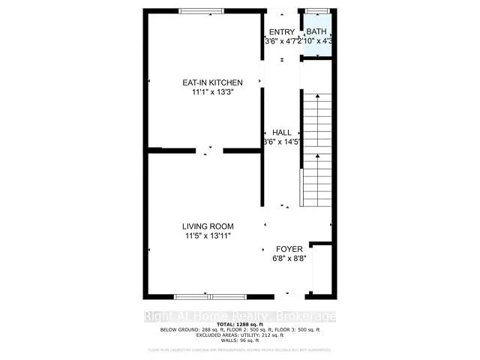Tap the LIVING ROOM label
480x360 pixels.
click(208, 226)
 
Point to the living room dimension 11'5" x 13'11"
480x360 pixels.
click(208, 235)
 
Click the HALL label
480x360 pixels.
click(282, 132)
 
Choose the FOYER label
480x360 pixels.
click(289, 248)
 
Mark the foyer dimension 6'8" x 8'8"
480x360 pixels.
click(289, 258)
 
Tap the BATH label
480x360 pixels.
click(316, 31)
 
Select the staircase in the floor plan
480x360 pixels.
click(316, 150)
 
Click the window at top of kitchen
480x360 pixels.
click(201, 10)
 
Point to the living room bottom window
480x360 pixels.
click(199, 296)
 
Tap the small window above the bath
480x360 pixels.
click(316, 10)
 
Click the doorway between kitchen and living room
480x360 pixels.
click(209, 151)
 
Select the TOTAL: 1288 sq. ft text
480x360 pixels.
click(239, 324)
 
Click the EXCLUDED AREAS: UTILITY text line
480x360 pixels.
click(239, 334)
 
